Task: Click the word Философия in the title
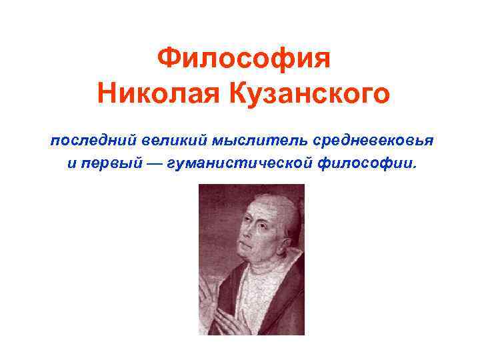click(243, 61)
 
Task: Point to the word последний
click(92, 141)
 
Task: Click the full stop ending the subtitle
click(412, 167)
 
